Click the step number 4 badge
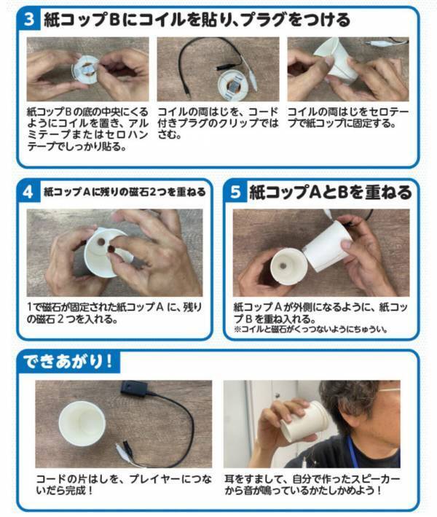click(28, 192)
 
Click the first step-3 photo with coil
click(87, 70)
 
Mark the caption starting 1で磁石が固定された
click(117, 312)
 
